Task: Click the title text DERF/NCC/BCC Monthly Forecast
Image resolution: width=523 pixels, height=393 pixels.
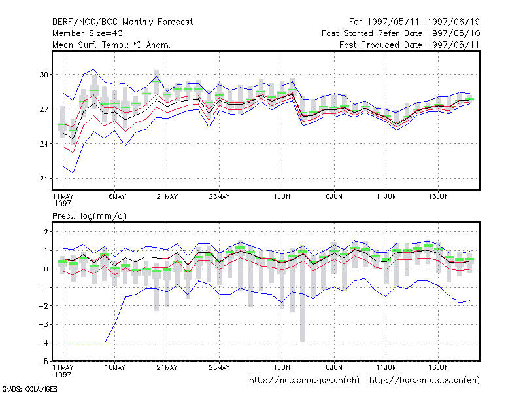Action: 122,22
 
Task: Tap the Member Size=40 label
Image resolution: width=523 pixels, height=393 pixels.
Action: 88,33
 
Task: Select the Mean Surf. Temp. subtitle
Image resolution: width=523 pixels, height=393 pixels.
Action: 111,45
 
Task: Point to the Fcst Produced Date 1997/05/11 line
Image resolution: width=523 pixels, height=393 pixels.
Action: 409,45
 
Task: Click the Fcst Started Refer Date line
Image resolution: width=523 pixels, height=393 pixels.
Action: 401,33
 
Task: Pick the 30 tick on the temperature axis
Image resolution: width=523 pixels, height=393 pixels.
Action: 44,75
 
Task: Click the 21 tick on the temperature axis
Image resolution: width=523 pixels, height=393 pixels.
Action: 44,179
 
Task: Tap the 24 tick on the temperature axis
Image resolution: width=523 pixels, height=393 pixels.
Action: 44,144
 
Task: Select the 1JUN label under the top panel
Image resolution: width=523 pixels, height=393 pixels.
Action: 282,197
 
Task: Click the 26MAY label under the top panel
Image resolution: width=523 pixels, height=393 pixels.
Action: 219,197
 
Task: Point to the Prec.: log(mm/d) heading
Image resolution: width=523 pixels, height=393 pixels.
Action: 89,216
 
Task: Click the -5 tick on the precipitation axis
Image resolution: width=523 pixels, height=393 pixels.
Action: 44,362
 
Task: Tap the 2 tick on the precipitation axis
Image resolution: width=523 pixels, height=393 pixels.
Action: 46,232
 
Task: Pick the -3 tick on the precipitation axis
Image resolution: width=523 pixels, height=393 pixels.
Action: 44,324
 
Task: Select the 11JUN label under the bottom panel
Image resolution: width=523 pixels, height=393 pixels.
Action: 386,367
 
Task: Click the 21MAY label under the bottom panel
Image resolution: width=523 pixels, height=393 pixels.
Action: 167,367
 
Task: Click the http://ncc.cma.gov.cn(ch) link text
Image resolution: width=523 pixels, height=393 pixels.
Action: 304,381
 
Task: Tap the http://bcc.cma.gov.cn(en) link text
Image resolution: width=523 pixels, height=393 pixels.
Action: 424,381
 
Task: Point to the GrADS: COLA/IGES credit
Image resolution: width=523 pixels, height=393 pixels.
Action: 29,389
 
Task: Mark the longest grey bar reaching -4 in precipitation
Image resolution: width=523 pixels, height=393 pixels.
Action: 303,295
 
